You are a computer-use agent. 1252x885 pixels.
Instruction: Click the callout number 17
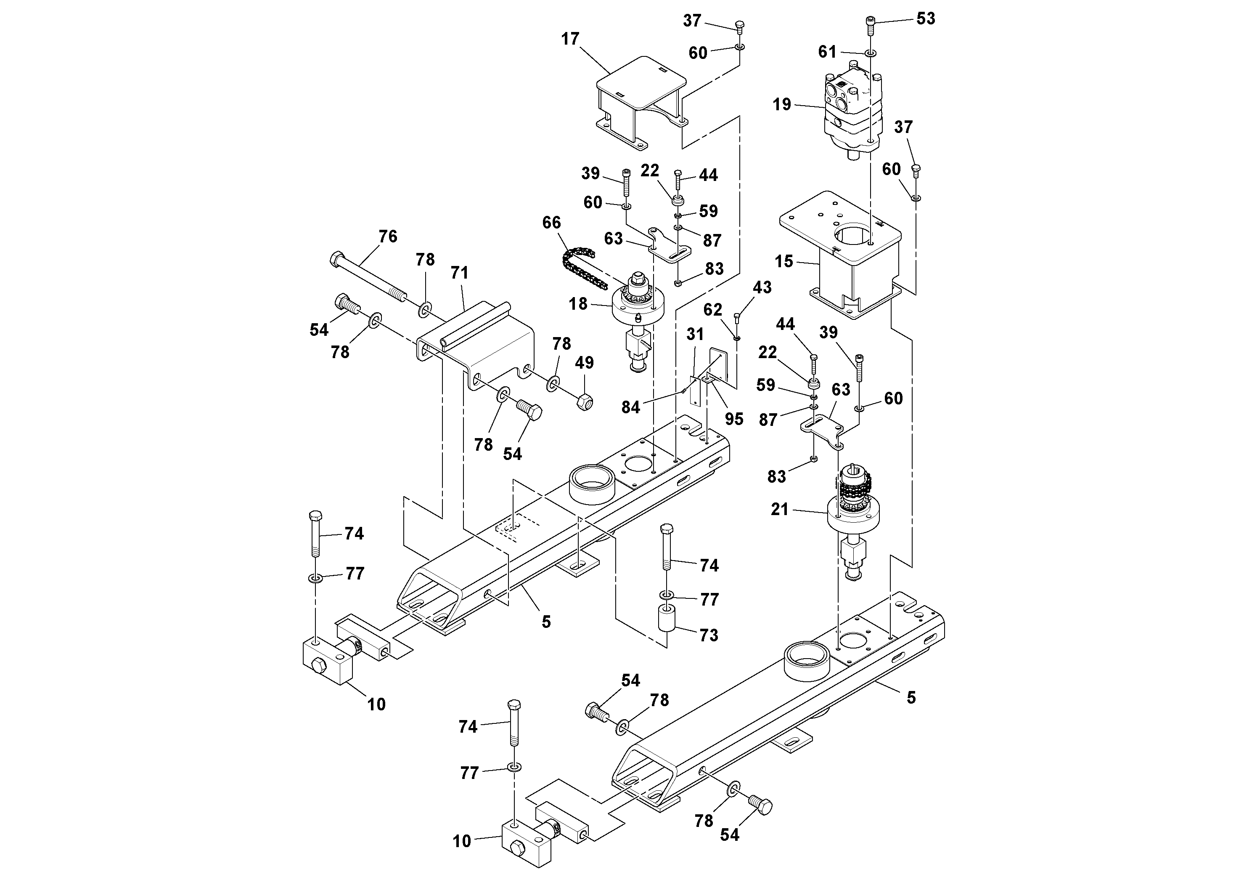coord(570,39)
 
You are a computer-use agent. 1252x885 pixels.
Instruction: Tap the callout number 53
coord(925,19)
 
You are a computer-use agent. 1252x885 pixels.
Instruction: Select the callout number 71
coord(459,272)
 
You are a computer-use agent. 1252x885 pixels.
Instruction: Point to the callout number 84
coord(630,407)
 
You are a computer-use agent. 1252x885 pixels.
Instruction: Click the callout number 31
coord(695,334)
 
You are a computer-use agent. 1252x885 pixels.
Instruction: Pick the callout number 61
coord(827,52)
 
